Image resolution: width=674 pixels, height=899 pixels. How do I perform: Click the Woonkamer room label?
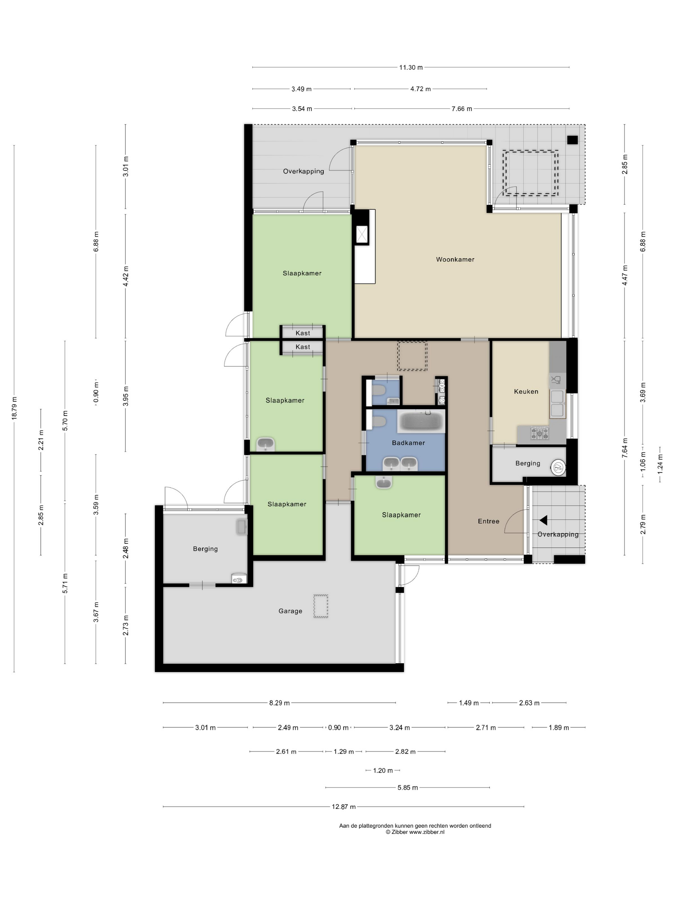pyautogui.click(x=455, y=259)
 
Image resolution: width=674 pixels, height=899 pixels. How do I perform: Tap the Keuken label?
pyautogui.click(x=526, y=391)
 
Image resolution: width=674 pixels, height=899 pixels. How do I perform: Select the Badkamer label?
pyautogui.click(x=408, y=442)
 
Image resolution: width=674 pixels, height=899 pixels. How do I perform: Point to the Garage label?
pyautogui.click(x=290, y=611)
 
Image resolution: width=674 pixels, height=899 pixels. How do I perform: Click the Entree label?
pyautogui.click(x=488, y=521)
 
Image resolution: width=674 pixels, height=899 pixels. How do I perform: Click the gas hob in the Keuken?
pyautogui.click(x=540, y=433)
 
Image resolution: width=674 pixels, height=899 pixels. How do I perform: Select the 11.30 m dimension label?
pyautogui.click(x=411, y=67)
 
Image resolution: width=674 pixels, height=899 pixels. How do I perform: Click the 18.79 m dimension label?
pyautogui.click(x=14, y=408)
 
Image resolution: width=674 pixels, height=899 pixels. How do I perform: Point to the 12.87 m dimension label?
pyautogui.click(x=344, y=807)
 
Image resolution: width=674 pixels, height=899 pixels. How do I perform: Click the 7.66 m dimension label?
pyautogui.click(x=462, y=109)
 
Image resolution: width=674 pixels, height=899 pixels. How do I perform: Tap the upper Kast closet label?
pyautogui.click(x=303, y=333)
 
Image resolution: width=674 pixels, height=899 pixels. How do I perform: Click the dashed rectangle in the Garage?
pyautogui.click(x=321, y=607)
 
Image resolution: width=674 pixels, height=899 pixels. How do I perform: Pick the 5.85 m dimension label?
pyautogui.click(x=408, y=788)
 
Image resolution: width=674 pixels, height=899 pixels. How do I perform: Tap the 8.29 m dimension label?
pyautogui.click(x=280, y=703)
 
